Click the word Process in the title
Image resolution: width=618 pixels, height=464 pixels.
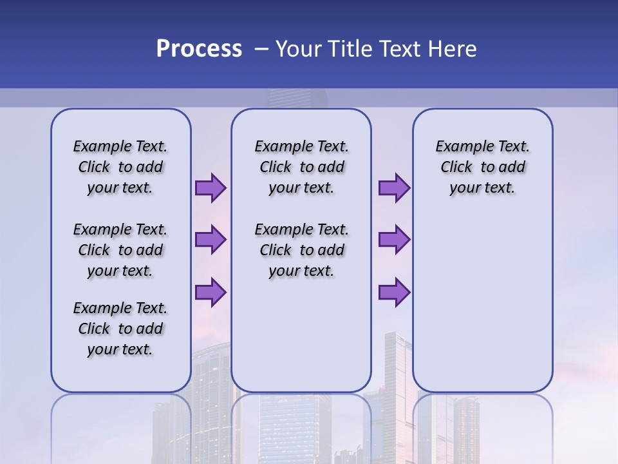199,49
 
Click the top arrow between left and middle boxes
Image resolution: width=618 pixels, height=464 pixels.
211,188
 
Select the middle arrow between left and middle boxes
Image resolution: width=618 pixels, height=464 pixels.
211,240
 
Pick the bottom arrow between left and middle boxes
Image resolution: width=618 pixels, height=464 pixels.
211,293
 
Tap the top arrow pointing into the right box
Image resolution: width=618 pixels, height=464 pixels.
394,188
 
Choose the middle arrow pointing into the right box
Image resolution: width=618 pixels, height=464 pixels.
394,240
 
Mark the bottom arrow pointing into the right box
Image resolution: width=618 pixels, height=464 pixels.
394,293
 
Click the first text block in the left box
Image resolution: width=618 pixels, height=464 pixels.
120,167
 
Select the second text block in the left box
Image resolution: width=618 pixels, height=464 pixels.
120,250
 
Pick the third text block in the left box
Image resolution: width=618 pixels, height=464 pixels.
120,329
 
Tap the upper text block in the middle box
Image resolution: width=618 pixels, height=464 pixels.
301,167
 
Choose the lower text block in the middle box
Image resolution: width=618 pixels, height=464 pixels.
301,250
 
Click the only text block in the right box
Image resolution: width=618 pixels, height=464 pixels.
482,167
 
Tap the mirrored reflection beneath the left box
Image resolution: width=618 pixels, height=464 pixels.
120,425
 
